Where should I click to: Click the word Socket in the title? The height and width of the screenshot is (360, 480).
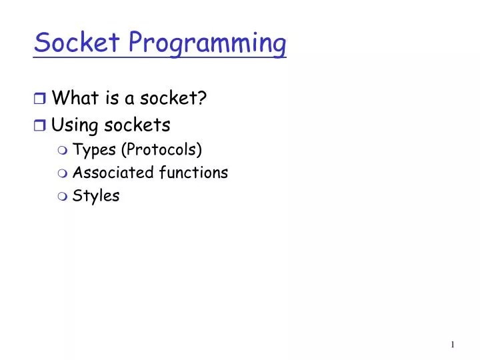tap(77, 43)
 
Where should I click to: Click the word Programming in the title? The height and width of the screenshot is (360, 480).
tap(207, 44)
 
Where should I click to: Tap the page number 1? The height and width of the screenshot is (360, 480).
tap(452, 345)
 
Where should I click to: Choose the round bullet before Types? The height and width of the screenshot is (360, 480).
tap(63, 149)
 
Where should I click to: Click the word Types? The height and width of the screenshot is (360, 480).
tap(94, 149)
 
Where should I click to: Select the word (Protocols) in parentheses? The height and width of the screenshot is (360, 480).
tap(161, 149)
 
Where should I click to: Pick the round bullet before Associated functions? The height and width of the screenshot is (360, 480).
tap(63, 173)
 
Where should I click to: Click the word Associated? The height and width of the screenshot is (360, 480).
tap(113, 173)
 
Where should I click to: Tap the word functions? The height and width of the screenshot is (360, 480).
tap(193, 173)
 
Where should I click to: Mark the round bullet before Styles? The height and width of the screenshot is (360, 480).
tap(63, 197)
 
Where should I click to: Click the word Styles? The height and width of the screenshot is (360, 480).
tap(96, 196)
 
